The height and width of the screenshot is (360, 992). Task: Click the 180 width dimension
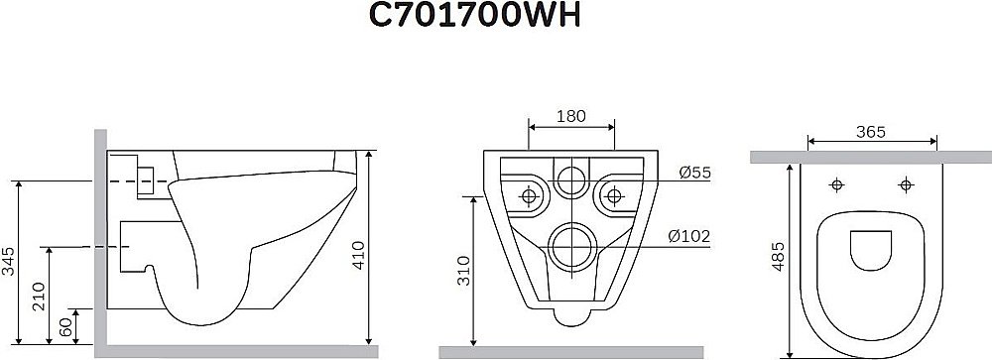coord(570,115)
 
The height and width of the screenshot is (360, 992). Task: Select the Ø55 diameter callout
coord(695,173)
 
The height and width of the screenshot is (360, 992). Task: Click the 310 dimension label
coord(460,269)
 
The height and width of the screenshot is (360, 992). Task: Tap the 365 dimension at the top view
coord(870,132)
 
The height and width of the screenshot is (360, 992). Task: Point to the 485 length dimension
coord(779,256)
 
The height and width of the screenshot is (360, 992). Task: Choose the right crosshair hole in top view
coord(905,185)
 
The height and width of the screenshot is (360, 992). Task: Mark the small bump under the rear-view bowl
coord(570,316)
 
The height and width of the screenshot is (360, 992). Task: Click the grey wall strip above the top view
coord(870,157)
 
